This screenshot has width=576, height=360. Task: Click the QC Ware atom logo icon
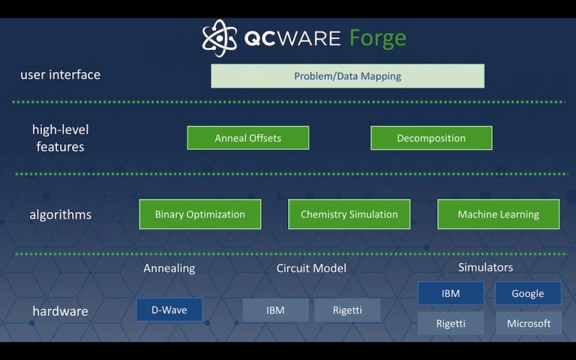coord(219,38)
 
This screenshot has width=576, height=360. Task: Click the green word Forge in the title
coord(377,38)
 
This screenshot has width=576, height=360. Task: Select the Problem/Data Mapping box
coord(347,76)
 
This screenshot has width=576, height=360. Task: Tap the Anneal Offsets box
coord(247,138)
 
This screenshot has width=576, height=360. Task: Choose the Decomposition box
coord(431,138)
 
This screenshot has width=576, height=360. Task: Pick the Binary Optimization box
coord(199,214)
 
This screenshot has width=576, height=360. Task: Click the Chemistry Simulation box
coord(349,214)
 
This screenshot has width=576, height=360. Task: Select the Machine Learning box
coord(498,214)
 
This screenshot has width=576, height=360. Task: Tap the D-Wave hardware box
coord(169,310)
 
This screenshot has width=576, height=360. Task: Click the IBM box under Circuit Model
coord(275,310)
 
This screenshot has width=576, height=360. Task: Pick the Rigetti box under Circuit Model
coord(347,310)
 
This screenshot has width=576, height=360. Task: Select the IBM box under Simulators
coord(450,293)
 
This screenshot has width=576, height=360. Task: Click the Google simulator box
coord(528,293)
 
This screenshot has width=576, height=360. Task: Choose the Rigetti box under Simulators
coord(450,323)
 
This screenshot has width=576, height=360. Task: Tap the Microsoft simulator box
coord(528,323)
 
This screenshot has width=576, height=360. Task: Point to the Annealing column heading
coord(169,268)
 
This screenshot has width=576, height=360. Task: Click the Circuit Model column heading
coord(311,268)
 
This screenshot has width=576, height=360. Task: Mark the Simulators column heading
coord(485,267)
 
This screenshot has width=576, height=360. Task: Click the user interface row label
coord(60,75)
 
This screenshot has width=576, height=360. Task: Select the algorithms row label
coord(60,215)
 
